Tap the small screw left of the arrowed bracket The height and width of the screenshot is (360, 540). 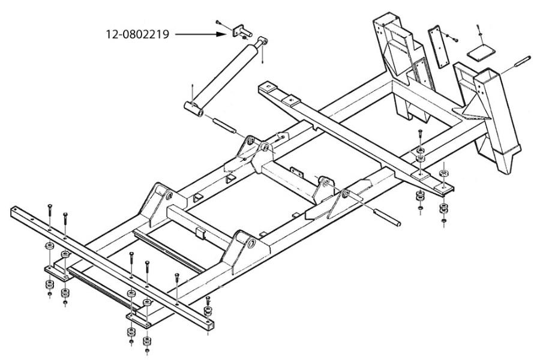220,23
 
